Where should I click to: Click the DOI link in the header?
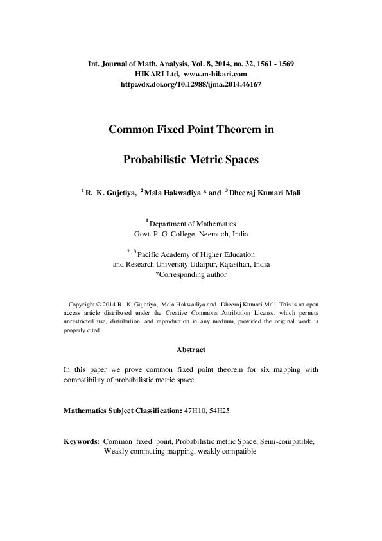[191, 84]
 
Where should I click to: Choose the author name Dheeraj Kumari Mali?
[265, 191]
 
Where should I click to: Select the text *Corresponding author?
[191, 274]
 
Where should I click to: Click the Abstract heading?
[191, 350]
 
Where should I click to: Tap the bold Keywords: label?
[81, 442]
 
